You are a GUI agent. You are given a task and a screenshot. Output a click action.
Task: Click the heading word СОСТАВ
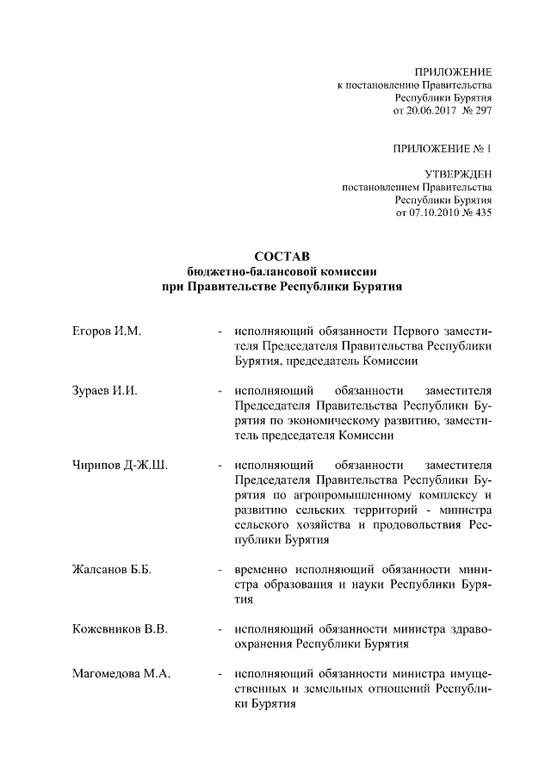tap(275, 257)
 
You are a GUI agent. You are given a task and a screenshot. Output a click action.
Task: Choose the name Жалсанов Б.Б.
tap(111, 570)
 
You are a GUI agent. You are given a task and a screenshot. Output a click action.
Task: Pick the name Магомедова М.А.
tap(121, 673)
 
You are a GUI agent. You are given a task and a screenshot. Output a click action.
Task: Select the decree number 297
tap(482, 111)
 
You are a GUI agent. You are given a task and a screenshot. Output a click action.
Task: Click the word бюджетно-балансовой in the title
tap(242, 270)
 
